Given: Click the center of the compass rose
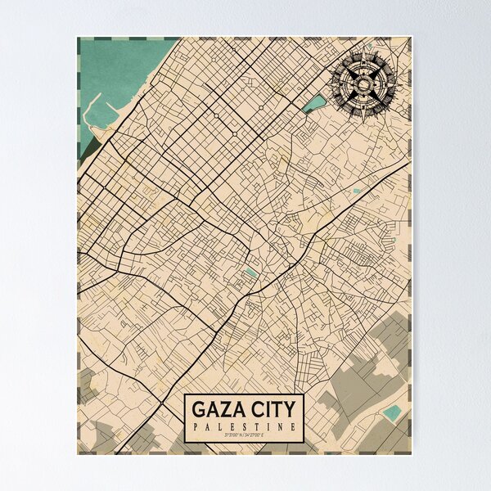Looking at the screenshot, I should [364, 83].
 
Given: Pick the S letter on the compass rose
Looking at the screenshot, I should [364, 107].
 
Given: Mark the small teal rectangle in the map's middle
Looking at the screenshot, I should [251, 272].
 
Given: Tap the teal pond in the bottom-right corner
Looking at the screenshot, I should [393, 412].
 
